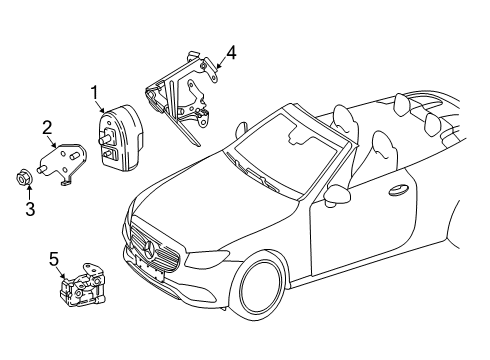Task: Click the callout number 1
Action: point(95,93)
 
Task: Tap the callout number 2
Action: point(47,128)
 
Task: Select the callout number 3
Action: point(30,209)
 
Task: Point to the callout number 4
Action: point(231,53)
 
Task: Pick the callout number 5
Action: point(54,259)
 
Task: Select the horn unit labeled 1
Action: point(122,138)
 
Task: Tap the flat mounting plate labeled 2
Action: point(65,162)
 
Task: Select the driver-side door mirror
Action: point(337,195)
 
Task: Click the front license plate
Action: point(148,268)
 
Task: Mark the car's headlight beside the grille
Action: point(207,259)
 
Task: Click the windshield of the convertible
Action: point(286,152)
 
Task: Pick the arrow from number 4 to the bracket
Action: point(221,63)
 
